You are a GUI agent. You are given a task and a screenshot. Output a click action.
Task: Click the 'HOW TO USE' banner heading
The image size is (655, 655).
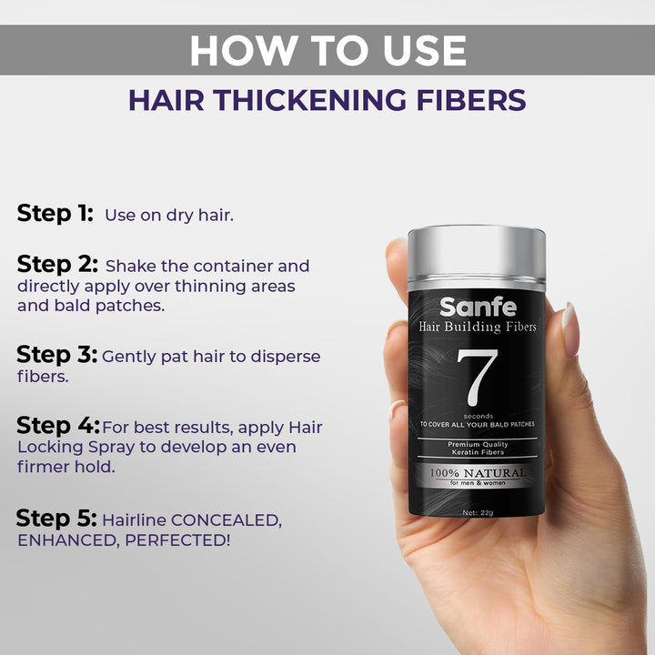click(x=327, y=51)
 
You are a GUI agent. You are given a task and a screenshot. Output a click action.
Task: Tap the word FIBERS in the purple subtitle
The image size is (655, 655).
click(x=471, y=100)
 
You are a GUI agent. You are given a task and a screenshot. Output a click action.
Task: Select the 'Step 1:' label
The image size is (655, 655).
click(x=55, y=214)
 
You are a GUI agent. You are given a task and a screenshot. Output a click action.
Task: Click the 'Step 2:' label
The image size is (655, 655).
click(x=57, y=265)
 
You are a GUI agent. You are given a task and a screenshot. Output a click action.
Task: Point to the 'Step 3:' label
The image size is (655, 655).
click(x=56, y=355)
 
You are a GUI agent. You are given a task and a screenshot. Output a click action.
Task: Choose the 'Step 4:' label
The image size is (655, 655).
click(x=58, y=426)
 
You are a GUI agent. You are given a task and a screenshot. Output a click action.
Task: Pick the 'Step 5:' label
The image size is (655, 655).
click(x=56, y=519)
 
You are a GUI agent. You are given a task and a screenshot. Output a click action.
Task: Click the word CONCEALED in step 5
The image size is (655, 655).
click(x=227, y=520)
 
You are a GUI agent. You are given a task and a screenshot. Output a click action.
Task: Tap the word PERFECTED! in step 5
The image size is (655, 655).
click(x=177, y=540)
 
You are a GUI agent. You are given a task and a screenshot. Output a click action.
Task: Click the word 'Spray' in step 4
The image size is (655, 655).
click(x=112, y=448)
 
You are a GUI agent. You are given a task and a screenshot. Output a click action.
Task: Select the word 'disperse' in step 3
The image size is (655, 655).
click(x=286, y=357)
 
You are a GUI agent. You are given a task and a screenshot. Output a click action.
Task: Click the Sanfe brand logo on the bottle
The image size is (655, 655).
click(x=478, y=307)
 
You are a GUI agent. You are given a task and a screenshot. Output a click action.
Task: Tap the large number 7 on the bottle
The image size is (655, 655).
click(x=477, y=378)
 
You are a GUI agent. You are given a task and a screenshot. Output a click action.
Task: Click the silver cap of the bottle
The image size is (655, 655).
click(x=477, y=258)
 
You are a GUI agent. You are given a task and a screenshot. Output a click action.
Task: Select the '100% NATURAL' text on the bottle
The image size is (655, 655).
click(x=478, y=473)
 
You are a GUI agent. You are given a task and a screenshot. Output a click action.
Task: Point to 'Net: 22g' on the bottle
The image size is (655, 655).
click(x=478, y=513)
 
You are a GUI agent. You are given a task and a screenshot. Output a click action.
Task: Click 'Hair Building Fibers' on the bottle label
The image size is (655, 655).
click(x=478, y=327)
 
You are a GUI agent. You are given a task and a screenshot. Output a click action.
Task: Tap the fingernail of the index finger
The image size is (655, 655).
click(x=569, y=329)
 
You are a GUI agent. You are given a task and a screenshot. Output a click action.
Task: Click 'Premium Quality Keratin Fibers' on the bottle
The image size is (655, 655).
click(x=478, y=448)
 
